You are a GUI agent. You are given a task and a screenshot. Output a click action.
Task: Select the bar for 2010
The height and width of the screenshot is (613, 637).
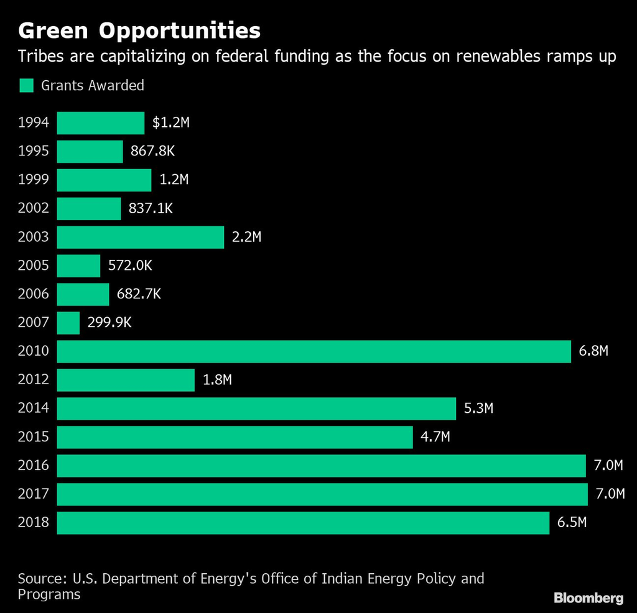click(x=314, y=352)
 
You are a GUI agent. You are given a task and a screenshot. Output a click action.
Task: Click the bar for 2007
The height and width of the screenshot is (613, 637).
click(x=68, y=323)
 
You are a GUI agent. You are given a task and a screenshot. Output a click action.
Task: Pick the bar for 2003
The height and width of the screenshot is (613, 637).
click(x=140, y=237)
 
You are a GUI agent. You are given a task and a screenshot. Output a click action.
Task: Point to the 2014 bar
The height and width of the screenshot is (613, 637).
click(x=256, y=409)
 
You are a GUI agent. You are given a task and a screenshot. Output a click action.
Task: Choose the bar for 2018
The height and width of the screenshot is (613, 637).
click(x=303, y=523)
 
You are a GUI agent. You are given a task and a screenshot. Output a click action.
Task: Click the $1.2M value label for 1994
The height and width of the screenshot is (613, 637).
click(x=170, y=123)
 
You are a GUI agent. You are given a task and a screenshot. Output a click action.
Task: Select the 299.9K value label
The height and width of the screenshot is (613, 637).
click(x=109, y=323)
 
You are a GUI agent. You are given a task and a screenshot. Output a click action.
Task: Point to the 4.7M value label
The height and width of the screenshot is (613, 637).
click(x=435, y=438)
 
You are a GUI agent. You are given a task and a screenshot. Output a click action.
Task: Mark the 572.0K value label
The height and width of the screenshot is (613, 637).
click(x=130, y=266)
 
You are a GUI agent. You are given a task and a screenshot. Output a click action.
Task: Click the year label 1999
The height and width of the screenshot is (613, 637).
click(x=34, y=180)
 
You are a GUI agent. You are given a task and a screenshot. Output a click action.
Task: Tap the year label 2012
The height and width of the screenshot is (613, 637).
click(x=34, y=380)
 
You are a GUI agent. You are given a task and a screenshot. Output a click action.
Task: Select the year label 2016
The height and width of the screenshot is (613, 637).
click(x=34, y=466)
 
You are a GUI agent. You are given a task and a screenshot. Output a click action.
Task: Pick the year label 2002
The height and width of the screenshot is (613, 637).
click(x=34, y=209)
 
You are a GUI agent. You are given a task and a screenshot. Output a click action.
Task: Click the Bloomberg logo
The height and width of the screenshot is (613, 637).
click(x=588, y=597)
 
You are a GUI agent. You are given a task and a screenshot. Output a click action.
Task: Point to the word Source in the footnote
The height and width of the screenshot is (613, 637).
click(x=41, y=579)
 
